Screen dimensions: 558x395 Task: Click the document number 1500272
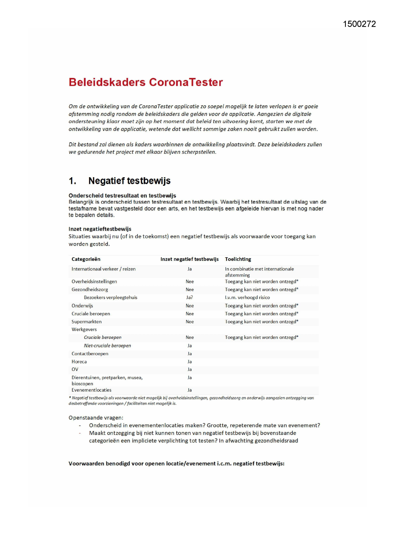(359, 24)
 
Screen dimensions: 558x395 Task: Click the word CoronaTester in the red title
(186, 82)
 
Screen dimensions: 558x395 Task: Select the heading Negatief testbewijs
(129, 181)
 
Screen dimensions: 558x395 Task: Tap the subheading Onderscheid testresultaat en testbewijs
(122, 195)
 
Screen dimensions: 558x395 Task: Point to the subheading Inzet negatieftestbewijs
(100, 229)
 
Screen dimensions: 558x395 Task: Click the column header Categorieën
(86, 259)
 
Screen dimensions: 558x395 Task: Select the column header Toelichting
(238, 259)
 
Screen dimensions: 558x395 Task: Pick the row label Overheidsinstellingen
(94, 282)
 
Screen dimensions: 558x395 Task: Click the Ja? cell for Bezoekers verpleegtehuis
(190, 297)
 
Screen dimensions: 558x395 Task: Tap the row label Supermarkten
(87, 322)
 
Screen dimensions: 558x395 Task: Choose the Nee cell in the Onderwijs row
(190, 306)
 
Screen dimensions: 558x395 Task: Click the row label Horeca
(79, 362)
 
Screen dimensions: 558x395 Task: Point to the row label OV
(75, 369)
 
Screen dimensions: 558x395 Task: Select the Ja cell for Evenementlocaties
(190, 390)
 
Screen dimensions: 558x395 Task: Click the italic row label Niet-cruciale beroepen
(107, 345)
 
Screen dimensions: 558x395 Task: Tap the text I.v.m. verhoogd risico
(247, 297)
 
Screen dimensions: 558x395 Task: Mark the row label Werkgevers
(84, 330)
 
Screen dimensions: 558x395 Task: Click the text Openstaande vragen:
(96, 418)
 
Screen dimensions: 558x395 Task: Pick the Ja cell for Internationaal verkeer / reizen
(190, 269)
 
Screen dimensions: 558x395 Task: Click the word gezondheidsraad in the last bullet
(278, 441)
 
